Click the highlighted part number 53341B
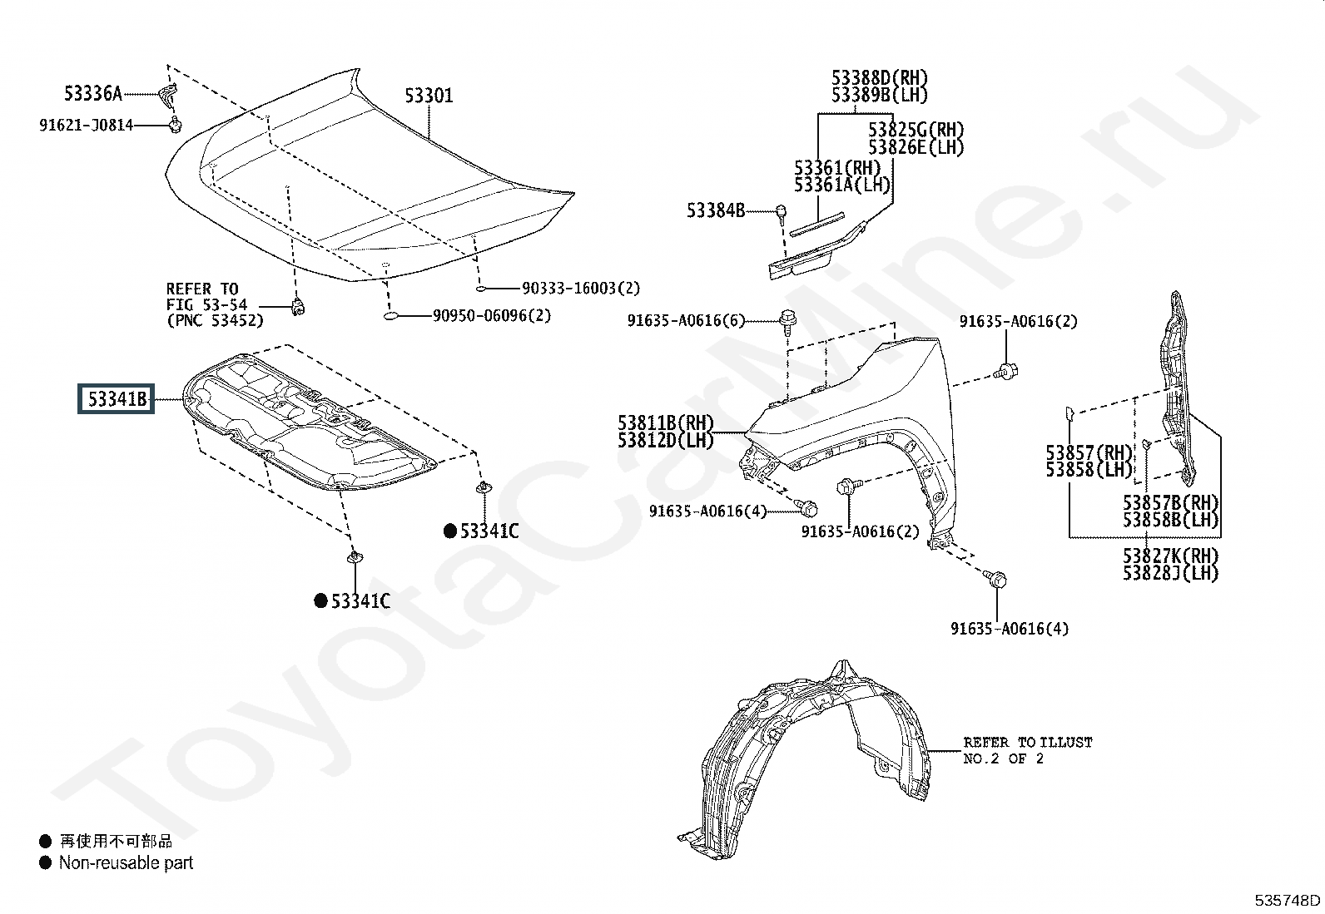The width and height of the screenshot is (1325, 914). (x=117, y=399)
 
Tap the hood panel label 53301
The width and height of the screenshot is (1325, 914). (x=429, y=95)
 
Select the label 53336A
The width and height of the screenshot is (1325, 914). (x=93, y=93)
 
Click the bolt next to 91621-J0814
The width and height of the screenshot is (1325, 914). (x=175, y=125)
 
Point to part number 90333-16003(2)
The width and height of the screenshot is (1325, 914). (x=581, y=288)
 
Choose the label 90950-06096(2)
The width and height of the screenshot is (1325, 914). (x=492, y=316)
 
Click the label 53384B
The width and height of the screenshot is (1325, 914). (x=716, y=210)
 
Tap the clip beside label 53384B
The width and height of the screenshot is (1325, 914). (x=781, y=212)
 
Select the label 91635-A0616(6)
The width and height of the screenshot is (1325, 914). (x=686, y=320)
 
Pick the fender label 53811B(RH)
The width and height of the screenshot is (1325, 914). (x=666, y=422)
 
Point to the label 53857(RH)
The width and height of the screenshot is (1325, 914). (x=1089, y=453)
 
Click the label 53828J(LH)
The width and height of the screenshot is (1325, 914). (x=1171, y=573)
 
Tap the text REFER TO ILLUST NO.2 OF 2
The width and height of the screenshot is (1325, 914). (x=1028, y=750)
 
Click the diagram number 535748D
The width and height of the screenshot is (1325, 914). (x=1288, y=900)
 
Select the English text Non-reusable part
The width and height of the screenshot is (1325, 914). (x=126, y=862)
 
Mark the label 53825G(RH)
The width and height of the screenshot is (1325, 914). (x=916, y=130)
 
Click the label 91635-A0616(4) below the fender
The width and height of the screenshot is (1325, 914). (x=1010, y=629)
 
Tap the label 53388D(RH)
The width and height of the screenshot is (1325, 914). (x=880, y=77)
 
